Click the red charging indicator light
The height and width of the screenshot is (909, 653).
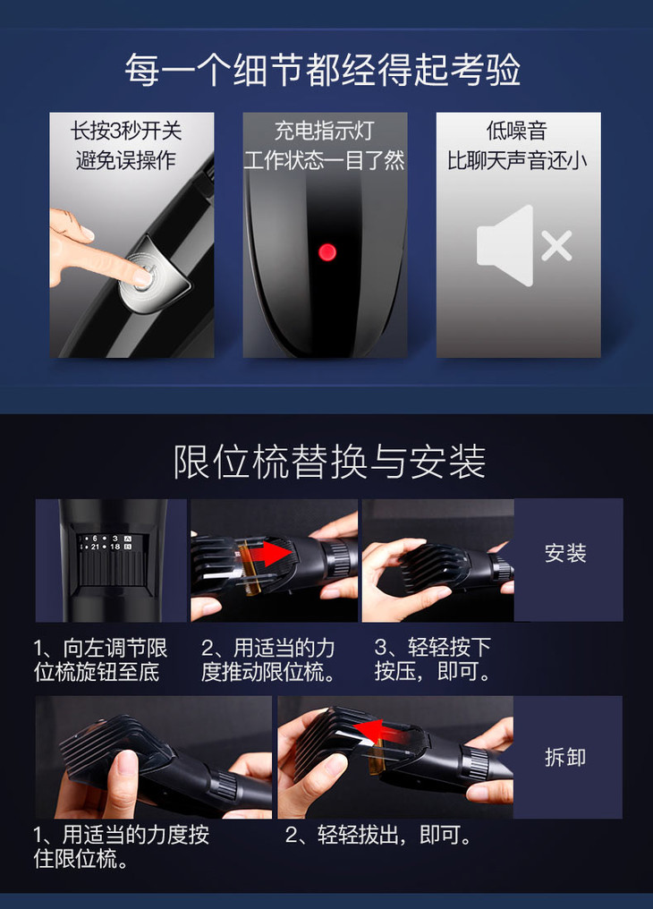[327, 252]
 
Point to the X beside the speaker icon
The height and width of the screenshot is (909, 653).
[556, 246]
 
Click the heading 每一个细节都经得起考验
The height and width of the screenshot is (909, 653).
[323, 70]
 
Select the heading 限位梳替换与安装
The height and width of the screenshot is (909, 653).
[329, 462]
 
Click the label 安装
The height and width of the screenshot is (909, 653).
[565, 554]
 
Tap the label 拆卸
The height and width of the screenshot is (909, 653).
[565, 757]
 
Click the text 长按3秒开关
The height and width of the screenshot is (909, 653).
[126, 131]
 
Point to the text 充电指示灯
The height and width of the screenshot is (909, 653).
[325, 131]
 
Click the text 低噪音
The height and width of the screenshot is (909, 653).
[517, 131]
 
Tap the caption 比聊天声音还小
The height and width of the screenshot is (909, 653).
[517, 160]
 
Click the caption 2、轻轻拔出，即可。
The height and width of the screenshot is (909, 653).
[378, 835]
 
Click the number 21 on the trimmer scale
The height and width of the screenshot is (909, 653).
[95, 547]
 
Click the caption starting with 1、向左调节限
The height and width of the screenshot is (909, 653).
[100, 659]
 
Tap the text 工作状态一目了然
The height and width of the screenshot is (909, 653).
[325, 160]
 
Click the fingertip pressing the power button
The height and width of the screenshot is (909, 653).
[138, 277]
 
